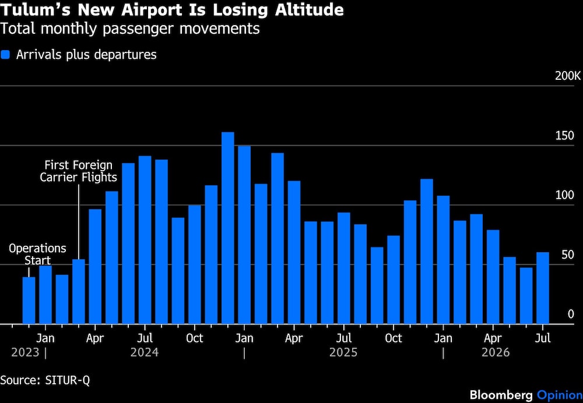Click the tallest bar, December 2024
pyautogui.click(x=227, y=228)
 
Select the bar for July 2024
pyautogui.click(x=145, y=239)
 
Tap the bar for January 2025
pyautogui.click(x=244, y=235)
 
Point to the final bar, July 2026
pyautogui.click(x=542, y=288)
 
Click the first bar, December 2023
pyautogui.click(x=29, y=301)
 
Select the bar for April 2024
pyautogui.click(x=95, y=266)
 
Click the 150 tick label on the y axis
pyautogui.click(x=565, y=136)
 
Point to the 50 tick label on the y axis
pyautogui.click(x=568, y=255)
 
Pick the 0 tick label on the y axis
pyautogui.click(x=571, y=314)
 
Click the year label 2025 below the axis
pyautogui.click(x=343, y=352)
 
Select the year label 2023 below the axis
pyautogui.click(x=25, y=352)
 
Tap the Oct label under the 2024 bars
pyautogui.click(x=195, y=338)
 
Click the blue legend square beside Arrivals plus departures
pyautogui.click(x=5, y=55)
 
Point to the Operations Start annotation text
pyautogui.click(x=37, y=254)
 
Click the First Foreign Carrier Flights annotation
pyautogui.click(x=79, y=171)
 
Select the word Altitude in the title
pyautogui.click(x=310, y=10)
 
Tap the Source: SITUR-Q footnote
pyautogui.click(x=45, y=380)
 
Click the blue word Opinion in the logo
pyautogui.click(x=560, y=395)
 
